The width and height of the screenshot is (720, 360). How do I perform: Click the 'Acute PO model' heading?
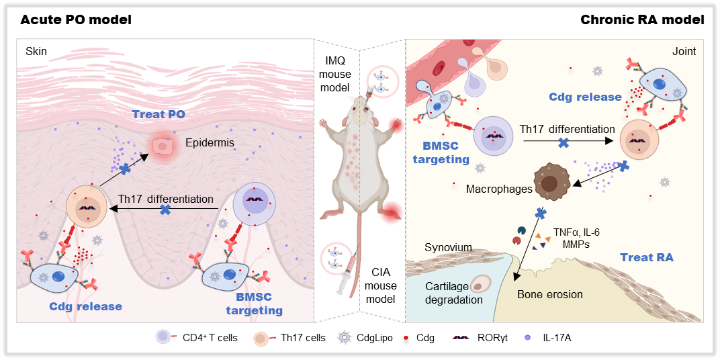(x=75, y=19)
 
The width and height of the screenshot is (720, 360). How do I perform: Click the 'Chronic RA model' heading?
(x=642, y=19)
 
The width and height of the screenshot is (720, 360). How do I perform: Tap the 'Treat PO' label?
(x=158, y=115)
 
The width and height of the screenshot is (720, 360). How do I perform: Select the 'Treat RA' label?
(x=646, y=257)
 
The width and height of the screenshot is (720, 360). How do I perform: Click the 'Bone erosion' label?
(x=550, y=294)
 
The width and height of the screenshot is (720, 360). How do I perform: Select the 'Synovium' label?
(x=449, y=248)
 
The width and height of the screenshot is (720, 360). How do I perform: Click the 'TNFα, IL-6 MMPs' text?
(x=576, y=238)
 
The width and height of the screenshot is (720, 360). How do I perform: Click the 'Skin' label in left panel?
(x=36, y=50)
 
